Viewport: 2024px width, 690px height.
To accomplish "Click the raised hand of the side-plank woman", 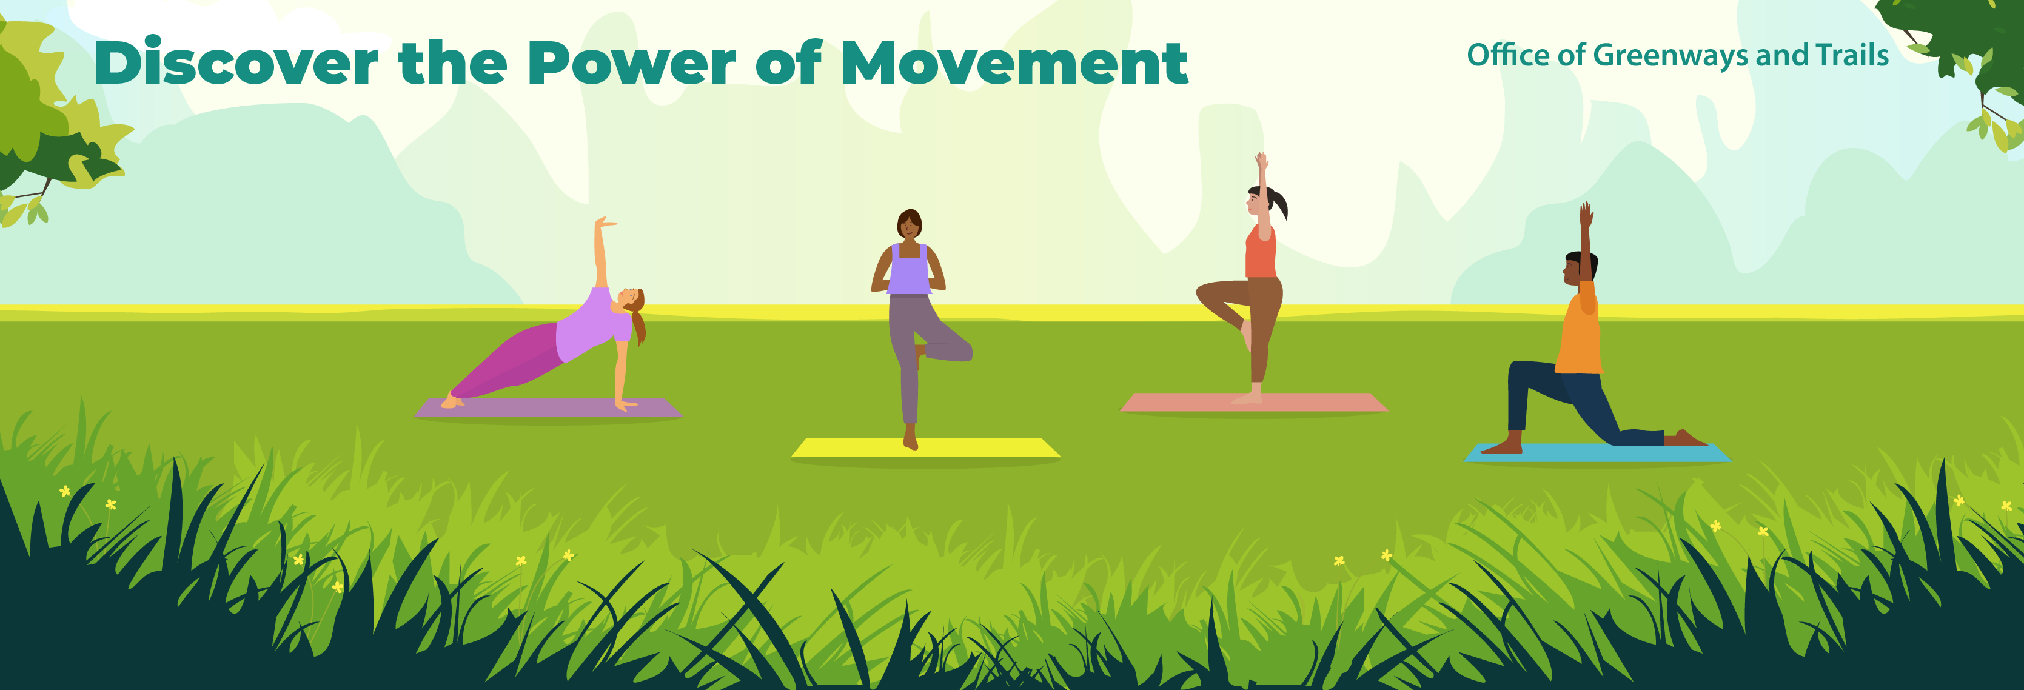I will click(x=603, y=223).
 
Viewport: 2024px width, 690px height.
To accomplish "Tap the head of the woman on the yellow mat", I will click(x=909, y=226).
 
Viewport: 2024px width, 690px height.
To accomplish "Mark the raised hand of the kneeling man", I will click(x=1586, y=214).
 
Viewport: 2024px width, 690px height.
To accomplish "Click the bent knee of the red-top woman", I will click(x=1203, y=293).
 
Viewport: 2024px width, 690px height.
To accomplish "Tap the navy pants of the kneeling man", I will click(x=1564, y=397).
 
